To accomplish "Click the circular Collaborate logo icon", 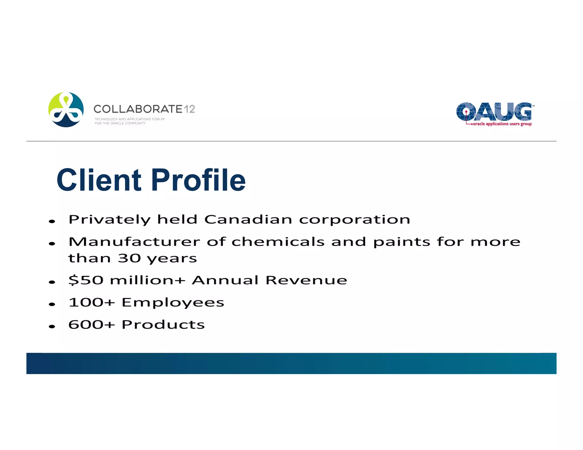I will pos(66,110).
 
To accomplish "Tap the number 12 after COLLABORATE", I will pos(189,109).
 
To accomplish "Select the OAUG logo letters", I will pos(494,112).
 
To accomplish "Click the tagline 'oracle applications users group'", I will pos(502,124).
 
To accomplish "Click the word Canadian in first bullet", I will pos(248,219).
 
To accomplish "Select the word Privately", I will pos(110,220).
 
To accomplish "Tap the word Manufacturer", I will pos(134,242).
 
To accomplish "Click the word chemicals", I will pos(278,242).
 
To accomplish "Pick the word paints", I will pos(402,242).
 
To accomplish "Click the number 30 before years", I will pos(129,258).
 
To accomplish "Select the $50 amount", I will pos(86,280).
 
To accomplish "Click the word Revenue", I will pos(306,280).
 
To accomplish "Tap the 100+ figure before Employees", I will pos(92,302).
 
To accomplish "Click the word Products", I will pos(163,324).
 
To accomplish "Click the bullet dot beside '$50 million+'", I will pos(52,282).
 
